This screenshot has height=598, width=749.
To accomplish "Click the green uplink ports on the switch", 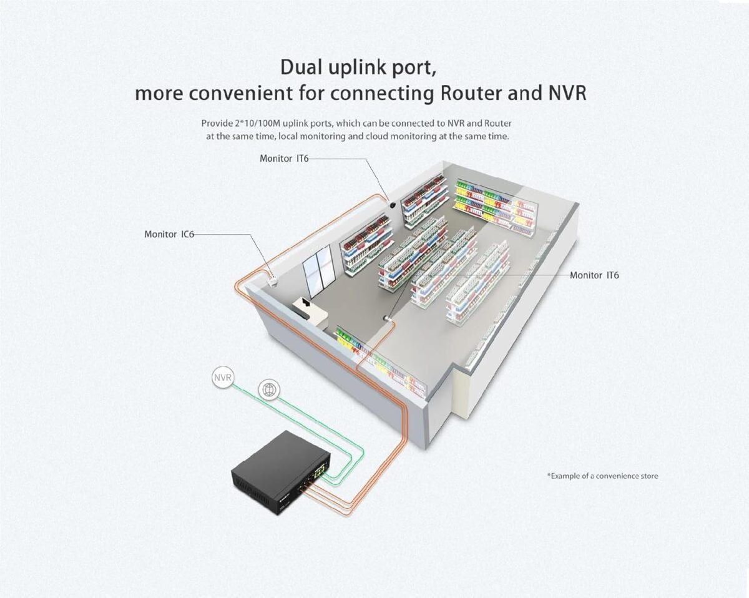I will click(321, 471).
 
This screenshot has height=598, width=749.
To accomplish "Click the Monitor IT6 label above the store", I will click(283, 158).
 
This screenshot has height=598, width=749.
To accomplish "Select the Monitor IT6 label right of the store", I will click(594, 275).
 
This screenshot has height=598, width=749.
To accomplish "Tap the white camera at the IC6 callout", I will click(272, 280).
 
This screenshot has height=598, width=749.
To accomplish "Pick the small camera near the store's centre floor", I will click(388, 318).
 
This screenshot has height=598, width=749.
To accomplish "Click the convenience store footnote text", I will click(602, 476).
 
